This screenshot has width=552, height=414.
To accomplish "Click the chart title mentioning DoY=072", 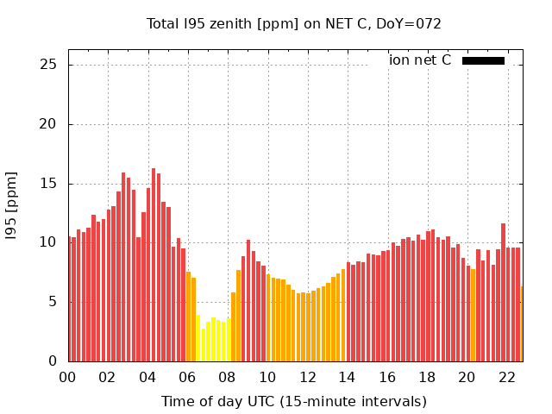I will [293, 24].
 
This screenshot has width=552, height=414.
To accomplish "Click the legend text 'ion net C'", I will [420, 60].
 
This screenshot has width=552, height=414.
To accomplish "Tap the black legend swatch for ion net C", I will [483, 60].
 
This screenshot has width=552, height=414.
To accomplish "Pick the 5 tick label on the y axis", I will [53, 302].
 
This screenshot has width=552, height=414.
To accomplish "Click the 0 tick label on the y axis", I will [53, 361].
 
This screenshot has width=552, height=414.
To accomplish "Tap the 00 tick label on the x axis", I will [67, 377].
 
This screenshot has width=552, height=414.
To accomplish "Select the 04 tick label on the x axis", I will [147, 377].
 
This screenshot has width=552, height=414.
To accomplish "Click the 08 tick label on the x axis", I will [227, 377].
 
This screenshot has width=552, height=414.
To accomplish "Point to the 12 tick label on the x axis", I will [307, 377].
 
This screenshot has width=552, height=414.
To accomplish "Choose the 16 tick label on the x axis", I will [386, 377].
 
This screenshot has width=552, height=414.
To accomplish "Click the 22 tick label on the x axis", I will [506, 377].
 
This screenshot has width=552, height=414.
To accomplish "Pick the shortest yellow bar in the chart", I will [204, 345].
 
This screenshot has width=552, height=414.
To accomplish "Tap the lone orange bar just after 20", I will [473, 315].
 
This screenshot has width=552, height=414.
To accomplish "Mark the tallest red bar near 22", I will [503, 293].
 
